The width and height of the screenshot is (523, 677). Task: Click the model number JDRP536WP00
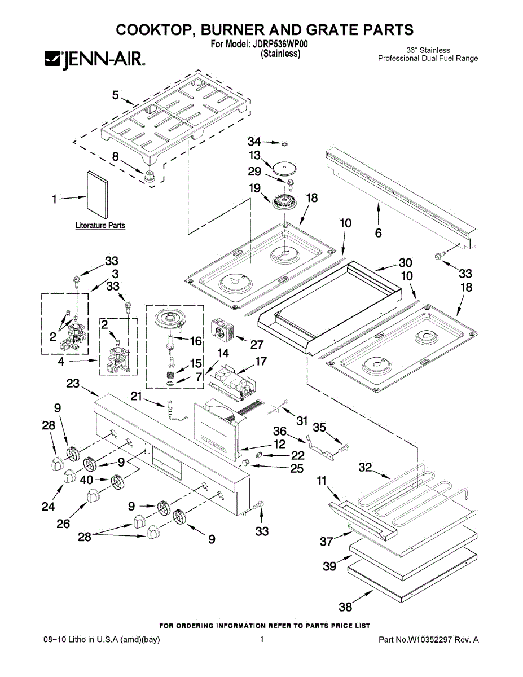point(279,44)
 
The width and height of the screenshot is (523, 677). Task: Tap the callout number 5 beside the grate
point(116,95)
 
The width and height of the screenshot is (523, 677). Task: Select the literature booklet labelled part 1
point(98,195)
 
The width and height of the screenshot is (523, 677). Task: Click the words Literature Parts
point(100,225)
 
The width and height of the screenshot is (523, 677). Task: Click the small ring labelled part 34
point(284,144)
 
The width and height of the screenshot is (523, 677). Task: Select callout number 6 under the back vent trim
point(378,233)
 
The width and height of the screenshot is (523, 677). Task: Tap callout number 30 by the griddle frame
point(406,263)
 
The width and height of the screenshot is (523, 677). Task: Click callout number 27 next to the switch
point(257,344)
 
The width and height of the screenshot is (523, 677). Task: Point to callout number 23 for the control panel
point(73,383)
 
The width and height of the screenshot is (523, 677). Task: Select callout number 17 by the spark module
point(261,361)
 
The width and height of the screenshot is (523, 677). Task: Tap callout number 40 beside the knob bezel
point(87,480)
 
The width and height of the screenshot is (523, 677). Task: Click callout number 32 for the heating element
point(366,467)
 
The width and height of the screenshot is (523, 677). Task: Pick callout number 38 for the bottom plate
point(345,607)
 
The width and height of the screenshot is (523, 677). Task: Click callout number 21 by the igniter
point(136,396)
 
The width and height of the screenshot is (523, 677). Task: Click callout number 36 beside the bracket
point(280,431)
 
